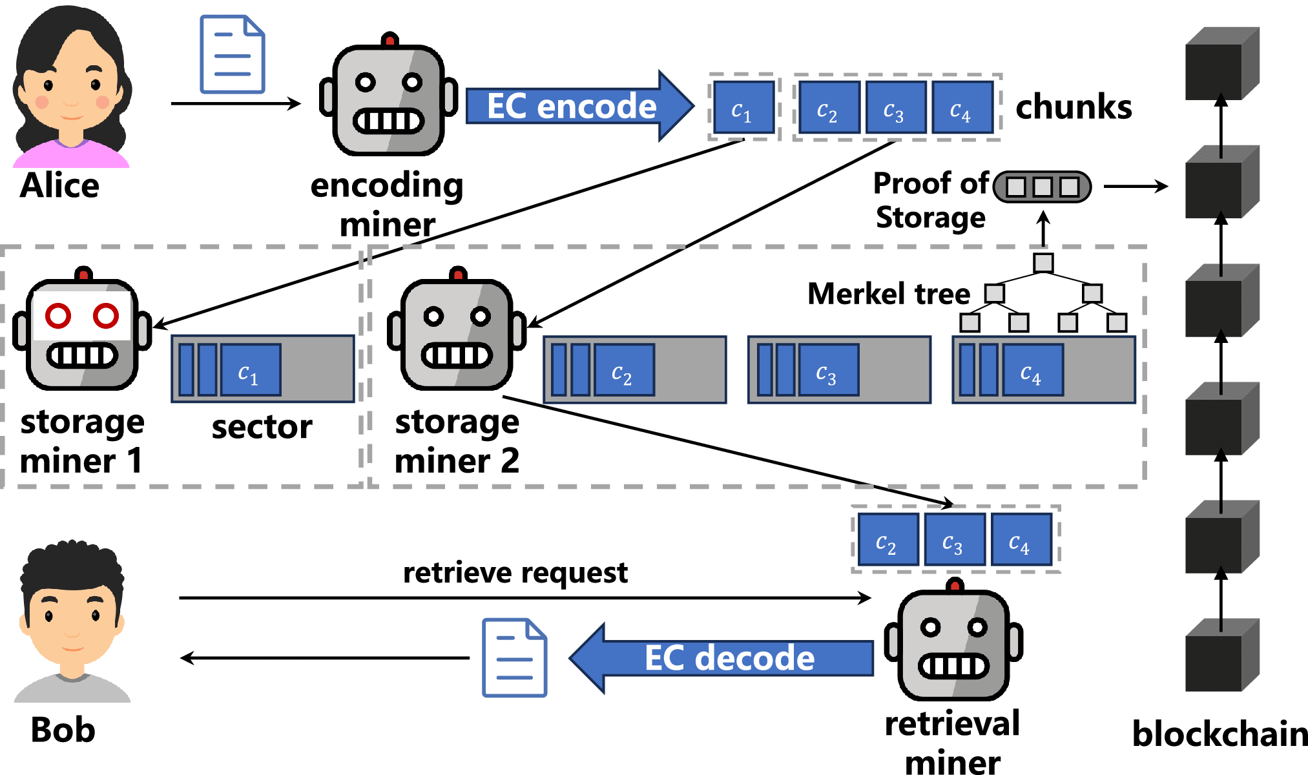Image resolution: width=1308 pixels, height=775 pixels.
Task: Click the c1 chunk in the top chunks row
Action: pyautogui.click(x=743, y=107)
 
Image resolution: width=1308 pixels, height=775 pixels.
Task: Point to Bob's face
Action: pyautogui.click(x=71, y=620)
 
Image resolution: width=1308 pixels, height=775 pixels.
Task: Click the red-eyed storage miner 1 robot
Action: pyautogui.click(x=82, y=333)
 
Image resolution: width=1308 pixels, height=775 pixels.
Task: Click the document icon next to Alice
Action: pyautogui.click(x=232, y=55)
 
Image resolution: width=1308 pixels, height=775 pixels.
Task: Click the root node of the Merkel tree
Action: pyautogui.click(x=1043, y=263)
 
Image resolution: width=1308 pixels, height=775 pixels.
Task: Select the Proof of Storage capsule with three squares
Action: pyautogui.click(x=1042, y=187)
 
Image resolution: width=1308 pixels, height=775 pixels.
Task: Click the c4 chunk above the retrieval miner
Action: pyautogui.click(x=1021, y=540)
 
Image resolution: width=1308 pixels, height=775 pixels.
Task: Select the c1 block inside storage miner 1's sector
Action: pyautogui.click(x=251, y=370)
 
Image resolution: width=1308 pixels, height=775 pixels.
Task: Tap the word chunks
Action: pyautogui.click(x=1074, y=107)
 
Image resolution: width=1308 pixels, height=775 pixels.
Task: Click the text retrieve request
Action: pyautogui.click(x=515, y=572)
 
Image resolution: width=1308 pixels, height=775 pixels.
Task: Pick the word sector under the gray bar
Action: pyautogui.click(x=262, y=427)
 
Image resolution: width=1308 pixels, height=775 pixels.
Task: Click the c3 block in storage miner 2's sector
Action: pyautogui.click(x=828, y=370)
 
